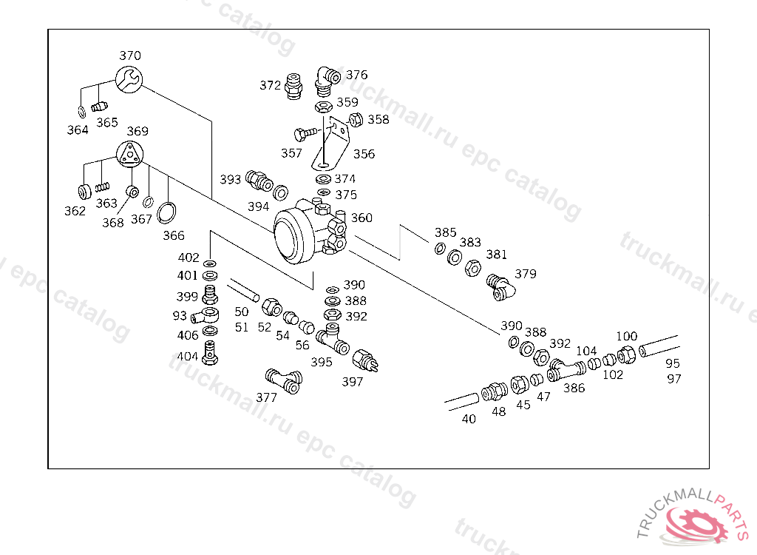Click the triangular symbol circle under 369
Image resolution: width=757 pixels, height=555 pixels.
[x=130, y=154]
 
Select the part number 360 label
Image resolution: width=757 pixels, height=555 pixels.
[x=361, y=218]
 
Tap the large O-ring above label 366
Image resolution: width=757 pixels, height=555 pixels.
[x=169, y=212]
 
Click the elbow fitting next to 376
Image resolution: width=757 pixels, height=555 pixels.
[x=325, y=81]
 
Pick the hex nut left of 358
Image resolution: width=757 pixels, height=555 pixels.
[x=353, y=119]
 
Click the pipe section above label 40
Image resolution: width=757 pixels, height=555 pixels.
[x=463, y=402]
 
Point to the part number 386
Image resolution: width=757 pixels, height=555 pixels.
[x=574, y=387]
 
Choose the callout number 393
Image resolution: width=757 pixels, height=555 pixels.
[x=231, y=180]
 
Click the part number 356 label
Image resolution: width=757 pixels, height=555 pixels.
[x=364, y=154]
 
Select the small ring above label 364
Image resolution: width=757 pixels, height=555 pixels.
[x=81, y=112]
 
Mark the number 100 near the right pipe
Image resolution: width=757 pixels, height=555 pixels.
[x=626, y=336]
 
